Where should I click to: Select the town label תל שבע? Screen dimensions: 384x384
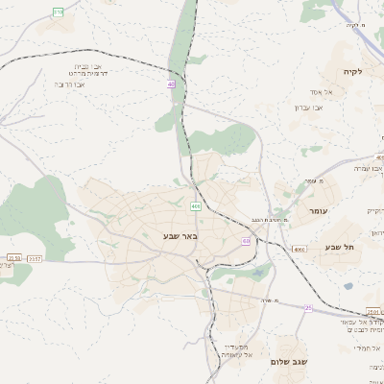click(x=341, y=247)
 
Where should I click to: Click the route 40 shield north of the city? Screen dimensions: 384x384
click(x=171, y=84)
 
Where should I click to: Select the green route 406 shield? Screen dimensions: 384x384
click(x=196, y=206)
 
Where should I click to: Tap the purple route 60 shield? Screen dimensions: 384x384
click(x=246, y=241)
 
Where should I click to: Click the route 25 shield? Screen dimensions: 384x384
click(x=308, y=308)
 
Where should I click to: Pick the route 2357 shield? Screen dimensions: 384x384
click(x=35, y=257)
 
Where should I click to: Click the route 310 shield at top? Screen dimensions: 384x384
click(x=59, y=12)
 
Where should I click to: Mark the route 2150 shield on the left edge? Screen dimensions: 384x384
click(x=12, y=257)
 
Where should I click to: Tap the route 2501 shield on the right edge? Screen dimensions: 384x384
click(x=374, y=312)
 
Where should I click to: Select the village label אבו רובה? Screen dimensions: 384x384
click(x=70, y=84)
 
